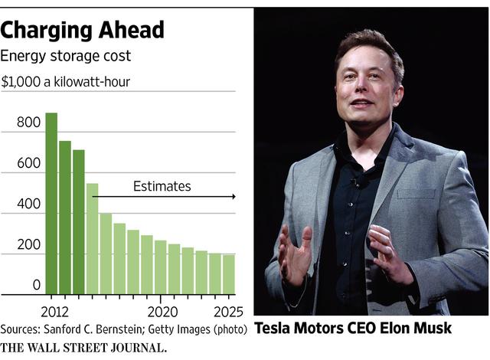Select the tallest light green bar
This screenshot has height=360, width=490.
(93, 238)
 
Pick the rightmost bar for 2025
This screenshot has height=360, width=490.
(228, 274)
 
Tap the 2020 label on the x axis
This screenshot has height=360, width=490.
(162, 312)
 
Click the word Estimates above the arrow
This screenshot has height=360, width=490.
(162, 186)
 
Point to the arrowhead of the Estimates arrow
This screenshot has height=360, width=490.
(233, 197)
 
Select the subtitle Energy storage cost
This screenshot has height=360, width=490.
(65, 56)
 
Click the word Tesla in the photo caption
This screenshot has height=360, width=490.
(273, 329)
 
